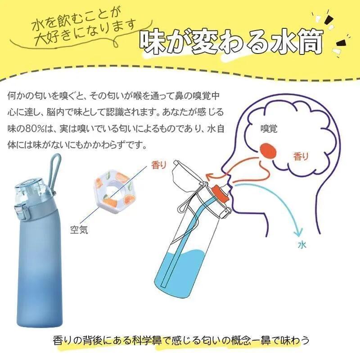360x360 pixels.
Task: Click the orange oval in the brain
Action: click(269, 150)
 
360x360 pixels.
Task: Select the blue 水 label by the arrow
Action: click(302, 245)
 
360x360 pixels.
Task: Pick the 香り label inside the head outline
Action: click(301, 157)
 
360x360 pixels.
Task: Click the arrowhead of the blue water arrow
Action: click(297, 233)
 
